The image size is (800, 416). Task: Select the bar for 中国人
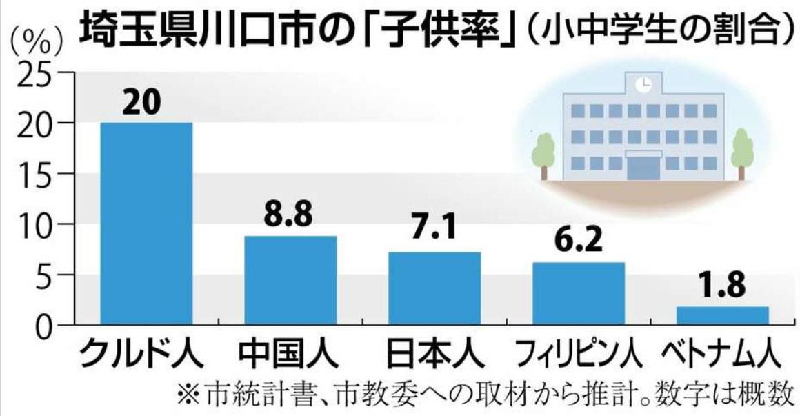[290, 280]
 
